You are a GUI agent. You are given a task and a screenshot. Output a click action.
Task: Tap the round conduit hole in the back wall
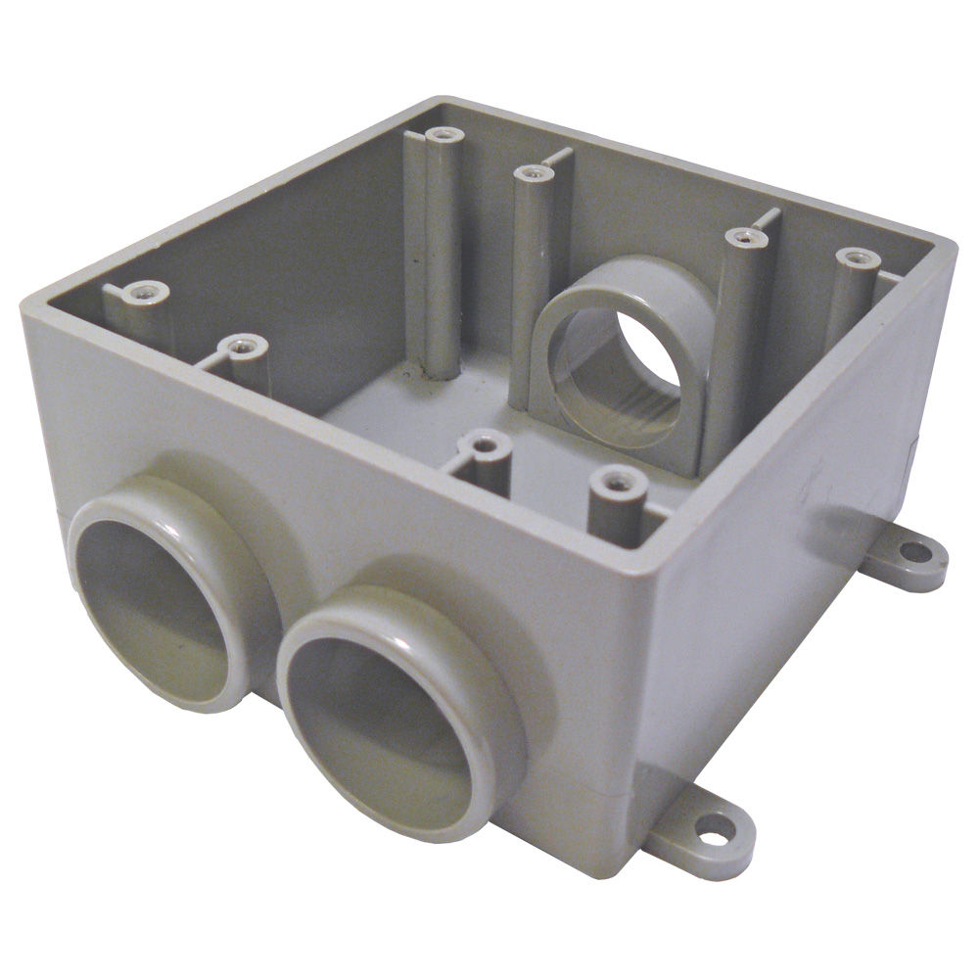click(x=617, y=377)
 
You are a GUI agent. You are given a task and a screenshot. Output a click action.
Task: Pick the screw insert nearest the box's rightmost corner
click(x=859, y=258)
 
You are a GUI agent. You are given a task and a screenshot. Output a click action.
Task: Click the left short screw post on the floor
click(x=483, y=446)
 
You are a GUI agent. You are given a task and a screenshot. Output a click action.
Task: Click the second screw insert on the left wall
click(x=240, y=345)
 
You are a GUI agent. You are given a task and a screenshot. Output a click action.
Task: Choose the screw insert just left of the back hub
click(x=532, y=174)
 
